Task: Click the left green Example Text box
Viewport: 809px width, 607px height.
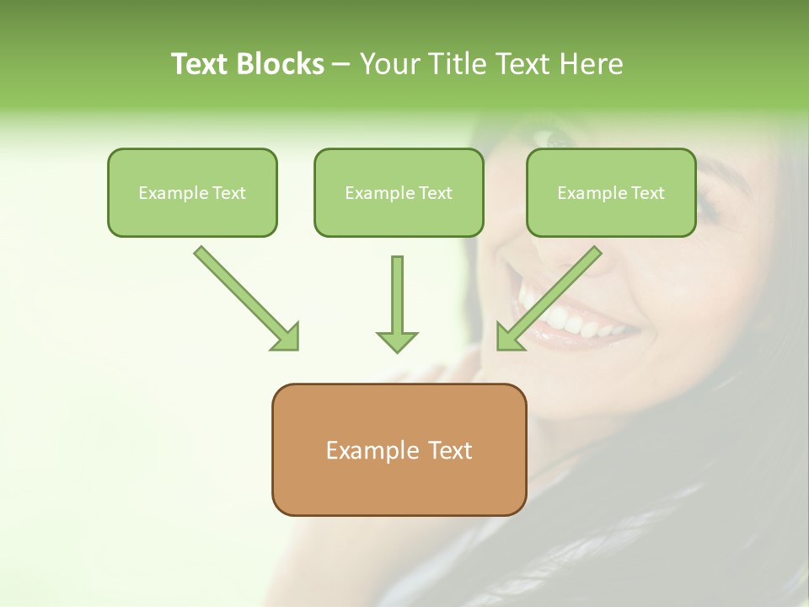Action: coord(192,193)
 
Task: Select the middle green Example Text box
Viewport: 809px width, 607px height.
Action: coord(399,193)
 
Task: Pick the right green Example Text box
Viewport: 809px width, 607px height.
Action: coord(611,193)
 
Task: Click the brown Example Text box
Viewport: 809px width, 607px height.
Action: coord(399,450)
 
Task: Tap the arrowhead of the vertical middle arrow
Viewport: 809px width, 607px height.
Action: coord(397,341)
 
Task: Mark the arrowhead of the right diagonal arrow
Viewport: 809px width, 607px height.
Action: coord(508,338)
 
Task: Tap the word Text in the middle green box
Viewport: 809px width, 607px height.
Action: coord(436,193)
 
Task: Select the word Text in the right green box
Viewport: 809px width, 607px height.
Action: coord(648,193)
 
